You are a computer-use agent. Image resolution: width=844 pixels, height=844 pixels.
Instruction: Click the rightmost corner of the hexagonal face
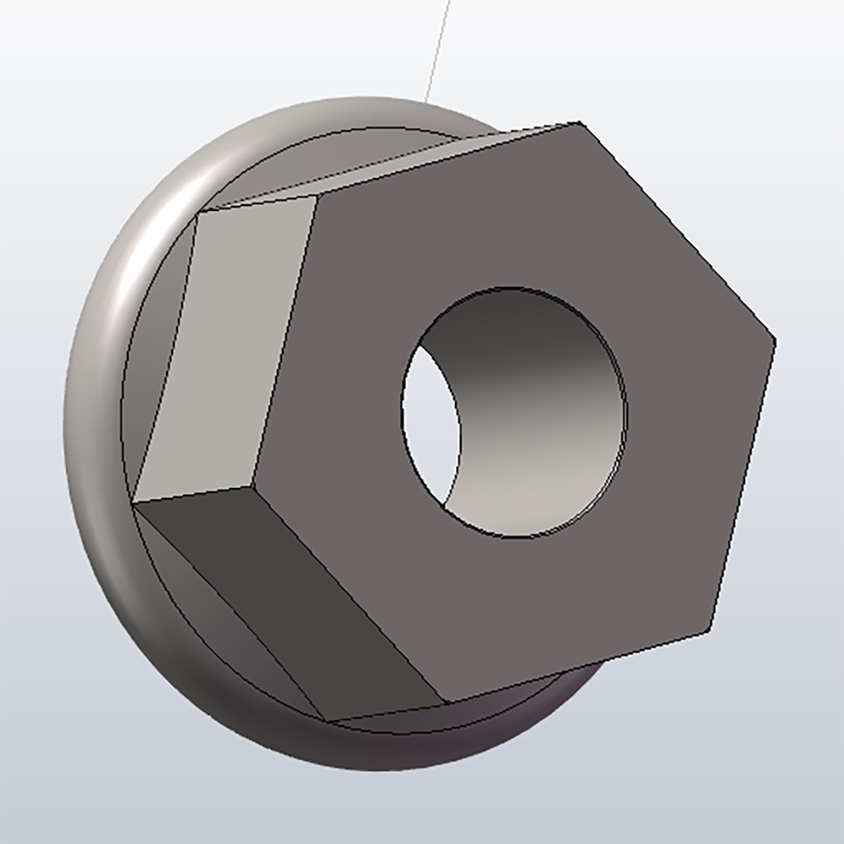click(x=774, y=341)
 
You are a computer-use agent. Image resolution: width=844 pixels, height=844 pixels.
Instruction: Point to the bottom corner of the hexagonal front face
click(x=445, y=702)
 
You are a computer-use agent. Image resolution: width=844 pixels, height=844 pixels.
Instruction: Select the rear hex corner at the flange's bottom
click(x=326, y=722)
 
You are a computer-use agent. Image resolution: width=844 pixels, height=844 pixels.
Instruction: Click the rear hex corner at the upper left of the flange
click(x=197, y=212)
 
